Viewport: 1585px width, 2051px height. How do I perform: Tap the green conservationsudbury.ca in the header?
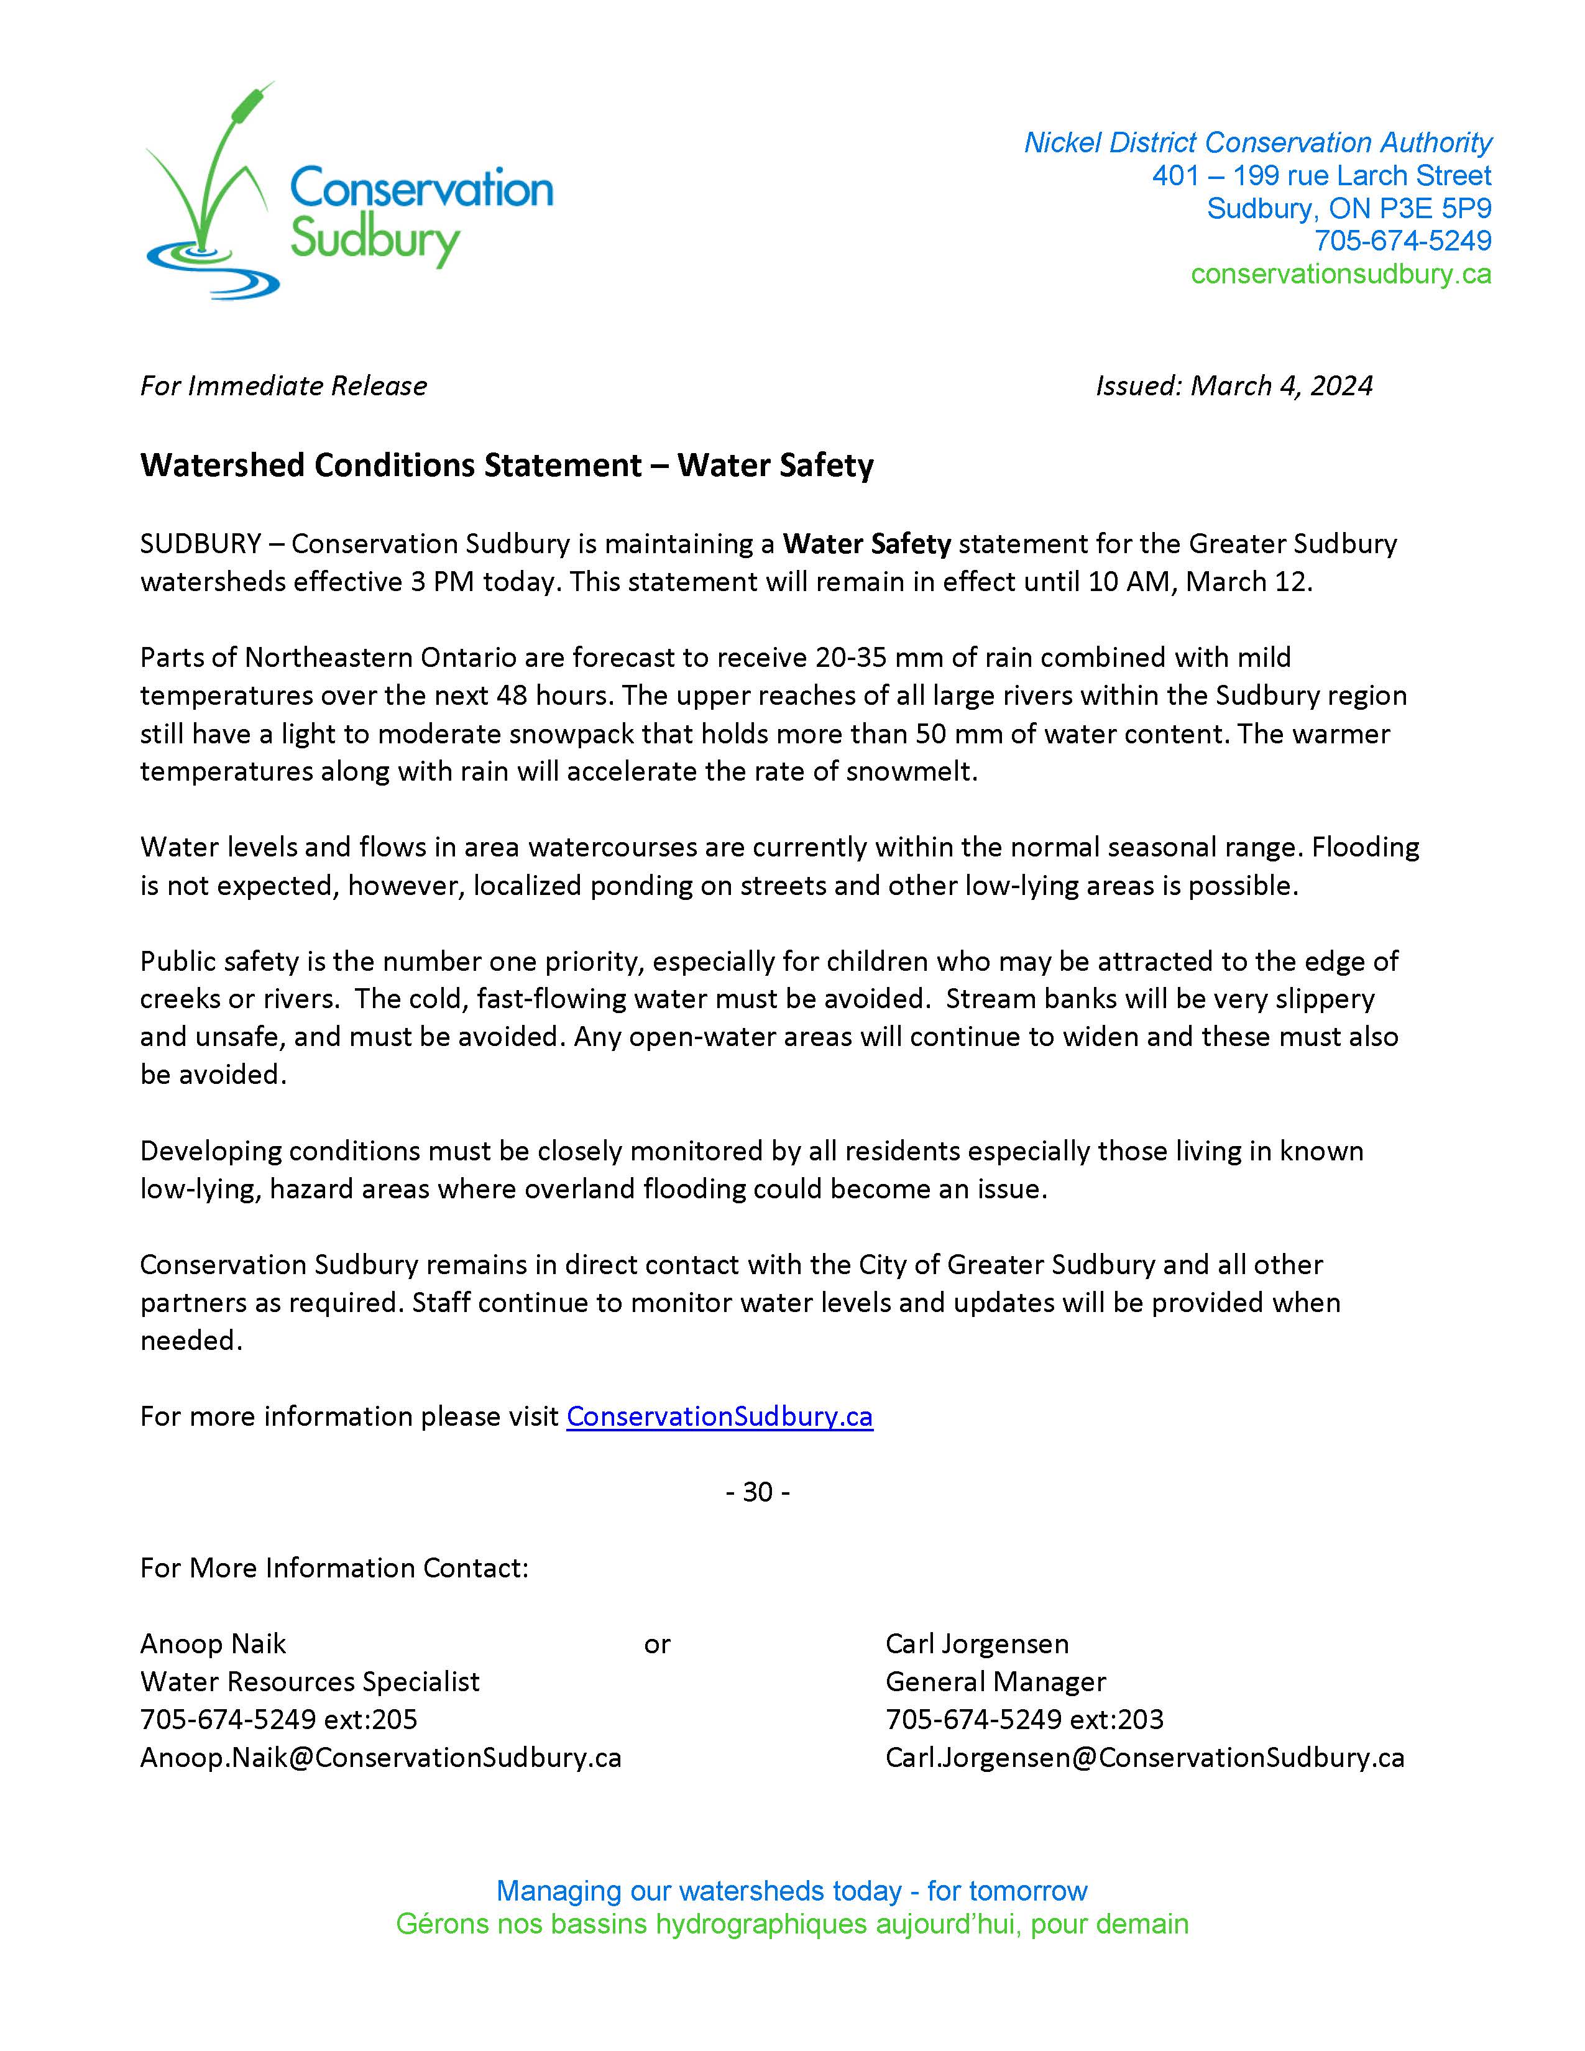1340,273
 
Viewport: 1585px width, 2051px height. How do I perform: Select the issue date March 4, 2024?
1281,385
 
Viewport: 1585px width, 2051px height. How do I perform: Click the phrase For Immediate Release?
283,385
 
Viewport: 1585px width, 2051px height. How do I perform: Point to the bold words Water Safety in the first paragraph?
866,544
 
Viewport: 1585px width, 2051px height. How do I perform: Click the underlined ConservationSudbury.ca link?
719,1416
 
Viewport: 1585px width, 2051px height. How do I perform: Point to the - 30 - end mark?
757,1492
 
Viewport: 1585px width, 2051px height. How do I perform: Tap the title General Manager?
995,1681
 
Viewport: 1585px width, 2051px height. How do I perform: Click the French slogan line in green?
791,1924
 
